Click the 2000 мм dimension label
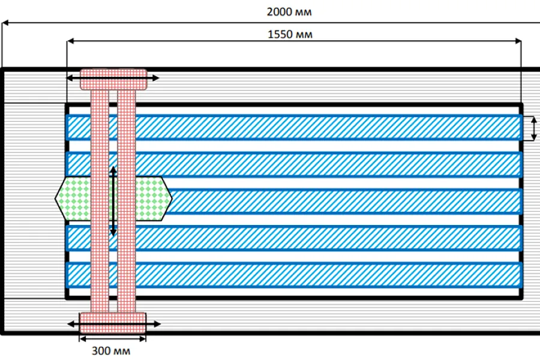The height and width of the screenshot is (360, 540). [289, 12]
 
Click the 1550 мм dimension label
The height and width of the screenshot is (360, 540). [290, 34]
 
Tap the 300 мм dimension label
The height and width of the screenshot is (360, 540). [111, 351]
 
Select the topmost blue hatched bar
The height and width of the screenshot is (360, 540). [294, 128]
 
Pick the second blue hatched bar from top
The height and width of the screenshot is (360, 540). [294, 164]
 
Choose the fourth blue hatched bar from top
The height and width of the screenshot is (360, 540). [294, 238]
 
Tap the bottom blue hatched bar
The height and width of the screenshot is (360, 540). [294, 275]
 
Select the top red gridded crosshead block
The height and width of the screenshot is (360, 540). [113, 80]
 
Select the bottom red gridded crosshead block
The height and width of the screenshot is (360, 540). [113, 323]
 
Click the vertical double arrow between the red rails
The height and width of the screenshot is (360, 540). [113, 201]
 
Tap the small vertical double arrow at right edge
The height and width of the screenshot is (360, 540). [534, 128]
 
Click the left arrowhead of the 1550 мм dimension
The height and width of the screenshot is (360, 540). [70, 41]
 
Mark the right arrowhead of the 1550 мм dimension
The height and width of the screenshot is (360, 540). [518, 41]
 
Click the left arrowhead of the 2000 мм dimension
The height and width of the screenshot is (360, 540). [5, 23]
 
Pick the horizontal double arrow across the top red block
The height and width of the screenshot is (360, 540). [113, 78]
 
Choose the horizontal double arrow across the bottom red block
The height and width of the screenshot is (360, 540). [114, 324]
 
